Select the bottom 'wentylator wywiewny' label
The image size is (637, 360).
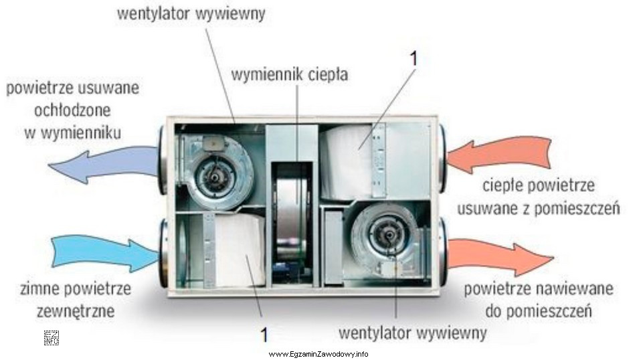tap(412, 332)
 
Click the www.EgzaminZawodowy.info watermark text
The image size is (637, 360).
tap(318, 353)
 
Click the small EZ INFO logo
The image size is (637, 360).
tap(52, 337)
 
